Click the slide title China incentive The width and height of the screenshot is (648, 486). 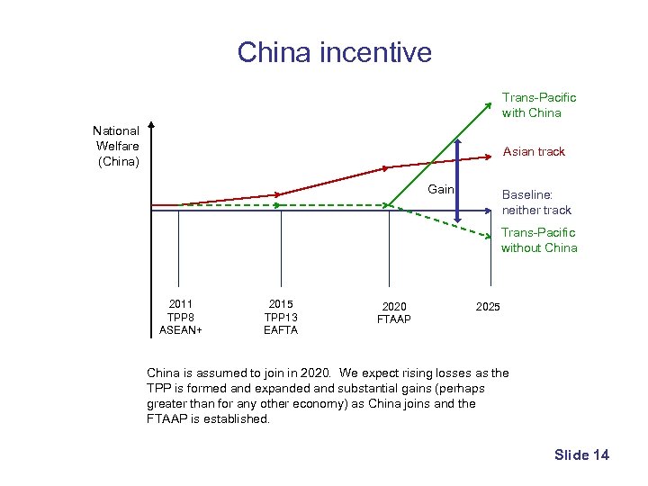334,52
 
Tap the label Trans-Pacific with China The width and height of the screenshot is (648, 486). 538,104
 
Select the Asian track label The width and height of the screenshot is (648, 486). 534,151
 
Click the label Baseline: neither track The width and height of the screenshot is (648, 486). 536,202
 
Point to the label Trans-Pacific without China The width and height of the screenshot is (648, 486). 539,240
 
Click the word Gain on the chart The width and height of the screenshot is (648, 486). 441,189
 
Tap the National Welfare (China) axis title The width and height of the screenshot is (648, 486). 117,146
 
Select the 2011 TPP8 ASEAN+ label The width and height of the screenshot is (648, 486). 180,317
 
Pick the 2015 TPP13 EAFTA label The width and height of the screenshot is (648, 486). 281,317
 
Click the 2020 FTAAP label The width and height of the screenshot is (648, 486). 394,313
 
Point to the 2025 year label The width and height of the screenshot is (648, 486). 488,307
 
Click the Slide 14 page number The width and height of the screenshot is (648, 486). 581,454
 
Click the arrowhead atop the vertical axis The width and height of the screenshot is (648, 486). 152,126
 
